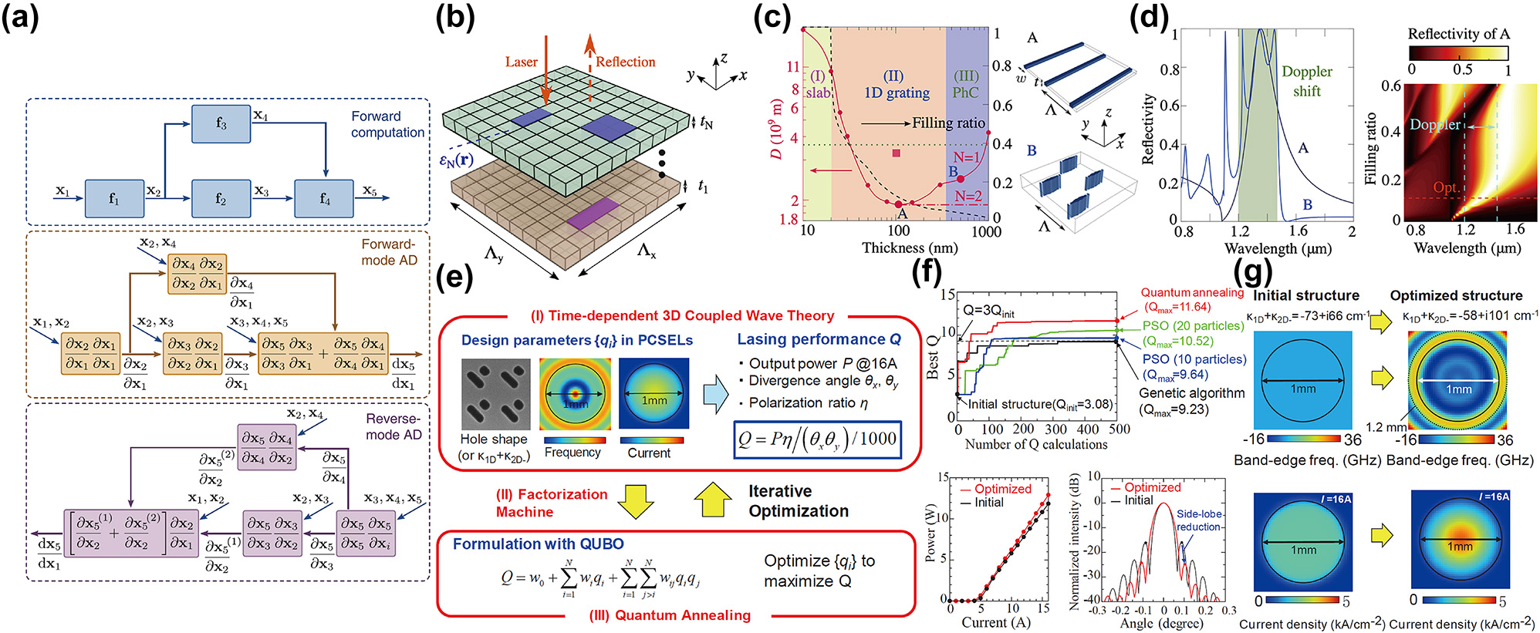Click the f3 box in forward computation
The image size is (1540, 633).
coord(221,123)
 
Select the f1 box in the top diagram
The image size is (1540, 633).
coord(114,199)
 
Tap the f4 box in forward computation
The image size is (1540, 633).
coord(324,199)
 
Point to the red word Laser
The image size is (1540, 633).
coord(521,62)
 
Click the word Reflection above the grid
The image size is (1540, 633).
coord(625,62)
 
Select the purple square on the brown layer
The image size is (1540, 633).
coord(593,213)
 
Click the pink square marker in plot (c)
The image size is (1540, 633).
coord(896,153)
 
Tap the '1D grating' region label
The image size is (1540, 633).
coord(896,85)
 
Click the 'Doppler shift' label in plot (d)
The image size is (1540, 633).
coord(1306,81)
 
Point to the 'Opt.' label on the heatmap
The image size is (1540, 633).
coord(1445,187)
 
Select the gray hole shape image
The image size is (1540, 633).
coord(495,394)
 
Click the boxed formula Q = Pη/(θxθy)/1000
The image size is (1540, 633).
coord(816,439)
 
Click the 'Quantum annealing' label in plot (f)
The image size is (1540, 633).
coord(1192,293)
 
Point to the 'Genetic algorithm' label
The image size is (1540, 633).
coord(1192,393)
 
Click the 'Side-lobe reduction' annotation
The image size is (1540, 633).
coord(1198,520)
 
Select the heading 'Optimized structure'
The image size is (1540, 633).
coord(1456,295)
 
